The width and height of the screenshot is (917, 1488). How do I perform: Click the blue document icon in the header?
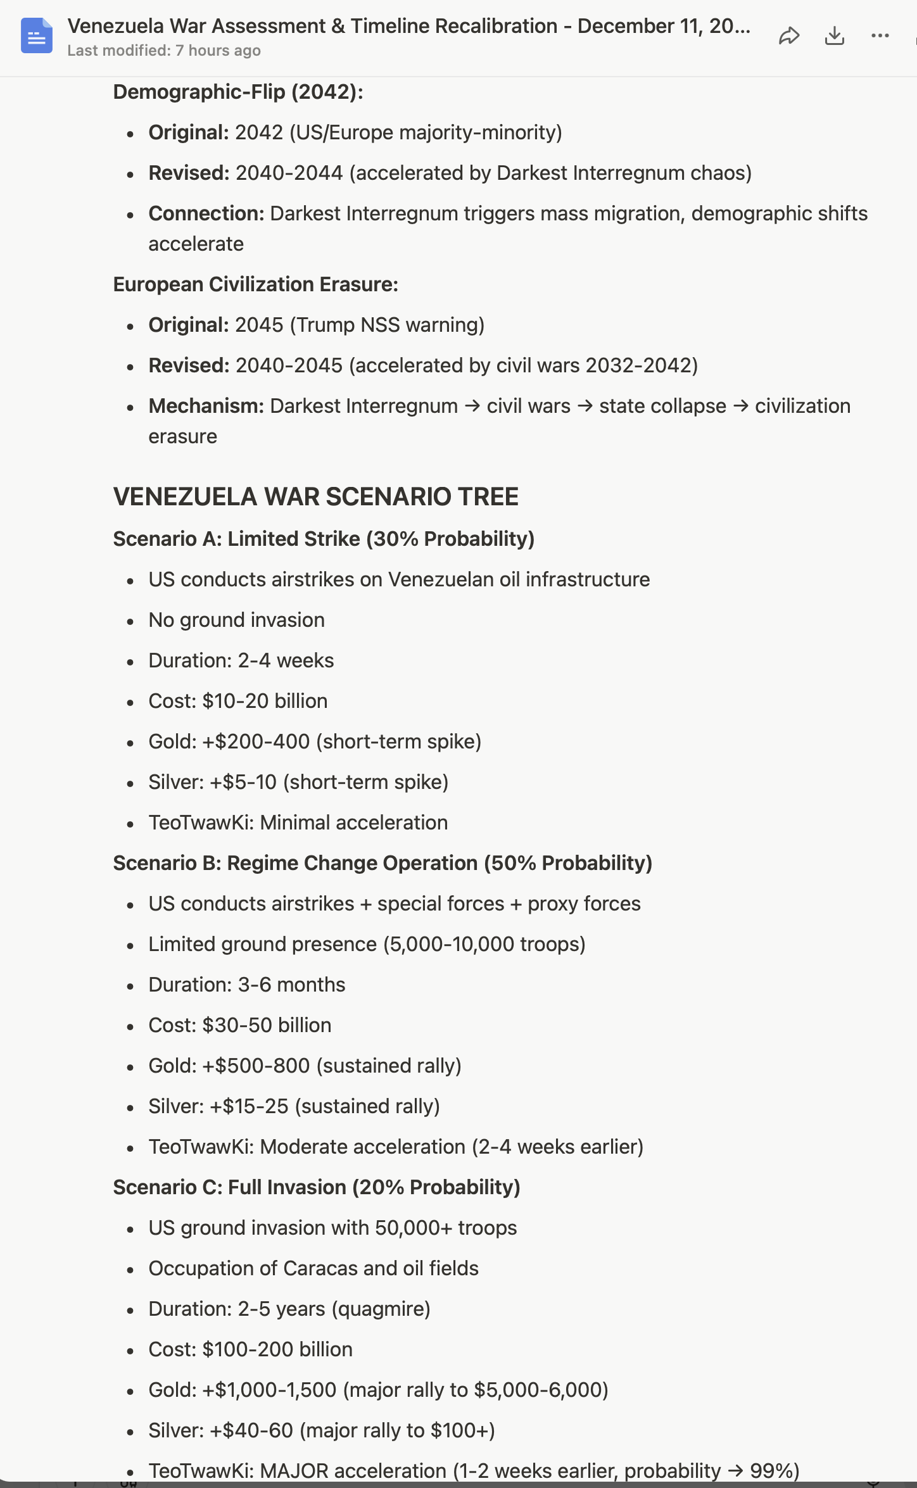(x=36, y=36)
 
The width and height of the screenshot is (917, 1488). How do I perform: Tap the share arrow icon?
(x=788, y=36)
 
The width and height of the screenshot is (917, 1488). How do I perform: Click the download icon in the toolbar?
(x=835, y=36)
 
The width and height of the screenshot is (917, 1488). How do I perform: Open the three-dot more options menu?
(x=880, y=36)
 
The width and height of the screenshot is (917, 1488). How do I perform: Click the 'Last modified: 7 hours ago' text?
(x=164, y=51)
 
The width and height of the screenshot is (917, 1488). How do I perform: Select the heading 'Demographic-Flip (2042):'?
(x=238, y=92)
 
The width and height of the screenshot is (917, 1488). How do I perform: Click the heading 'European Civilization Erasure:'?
(x=255, y=284)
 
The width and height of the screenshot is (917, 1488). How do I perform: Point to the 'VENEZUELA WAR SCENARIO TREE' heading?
(x=315, y=497)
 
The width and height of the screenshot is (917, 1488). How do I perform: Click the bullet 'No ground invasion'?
(x=236, y=620)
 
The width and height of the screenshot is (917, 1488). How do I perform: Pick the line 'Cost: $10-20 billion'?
(x=238, y=701)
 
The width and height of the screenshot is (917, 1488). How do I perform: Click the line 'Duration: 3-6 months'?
(x=247, y=985)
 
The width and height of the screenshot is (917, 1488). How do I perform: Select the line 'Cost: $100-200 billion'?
(x=250, y=1349)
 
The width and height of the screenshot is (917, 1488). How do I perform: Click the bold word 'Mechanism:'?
(x=206, y=406)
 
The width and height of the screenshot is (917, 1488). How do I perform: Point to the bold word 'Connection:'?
(x=206, y=213)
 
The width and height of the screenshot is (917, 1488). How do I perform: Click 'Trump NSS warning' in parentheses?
(x=387, y=325)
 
